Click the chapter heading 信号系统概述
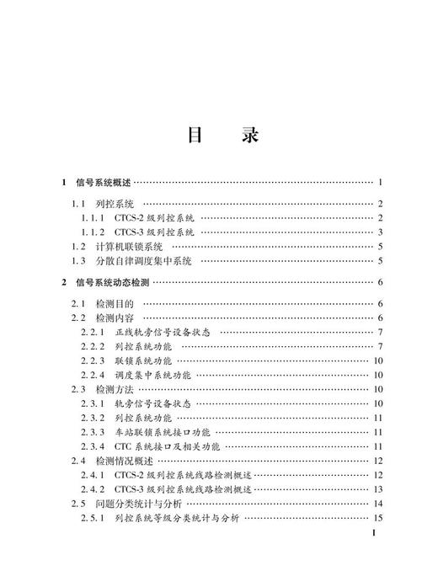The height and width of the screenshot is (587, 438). click(104, 182)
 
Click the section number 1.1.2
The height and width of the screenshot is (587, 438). click(92, 232)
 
